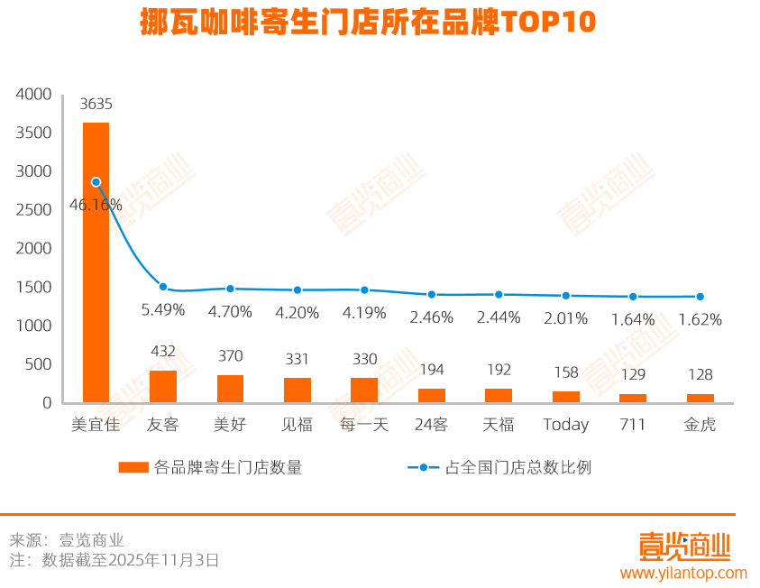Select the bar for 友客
[x=163, y=387]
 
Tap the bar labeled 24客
[x=432, y=396]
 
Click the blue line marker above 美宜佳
[x=96, y=182]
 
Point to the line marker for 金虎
[x=700, y=297]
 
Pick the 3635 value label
[x=96, y=104]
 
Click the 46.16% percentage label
[x=96, y=205]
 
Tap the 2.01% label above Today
[x=565, y=318]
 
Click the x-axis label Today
[x=565, y=424]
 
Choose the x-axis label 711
[x=633, y=424]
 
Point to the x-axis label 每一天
[x=364, y=424]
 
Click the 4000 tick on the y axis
[x=36, y=94]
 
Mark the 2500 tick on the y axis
[x=36, y=210]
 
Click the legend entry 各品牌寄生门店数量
[x=211, y=467]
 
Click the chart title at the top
[x=368, y=23]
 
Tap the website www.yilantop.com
[x=682, y=573]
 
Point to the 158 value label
[x=565, y=372]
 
